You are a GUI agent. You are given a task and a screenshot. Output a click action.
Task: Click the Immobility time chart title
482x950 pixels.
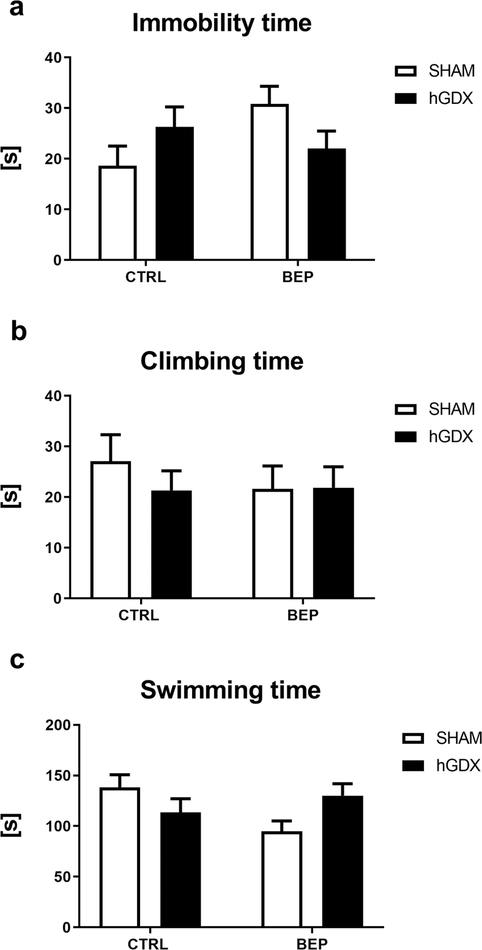pos(222,23)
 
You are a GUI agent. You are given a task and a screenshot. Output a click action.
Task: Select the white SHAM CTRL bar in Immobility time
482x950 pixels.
pos(117,213)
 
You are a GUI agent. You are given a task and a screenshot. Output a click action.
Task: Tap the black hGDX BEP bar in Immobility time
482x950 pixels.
pos(327,204)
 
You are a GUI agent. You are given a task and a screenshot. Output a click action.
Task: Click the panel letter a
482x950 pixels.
pos(17,11)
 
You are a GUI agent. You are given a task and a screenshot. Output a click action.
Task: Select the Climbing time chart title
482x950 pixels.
pos(222,361)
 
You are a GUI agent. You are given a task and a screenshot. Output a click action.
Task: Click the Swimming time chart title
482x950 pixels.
pos(230,690)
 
